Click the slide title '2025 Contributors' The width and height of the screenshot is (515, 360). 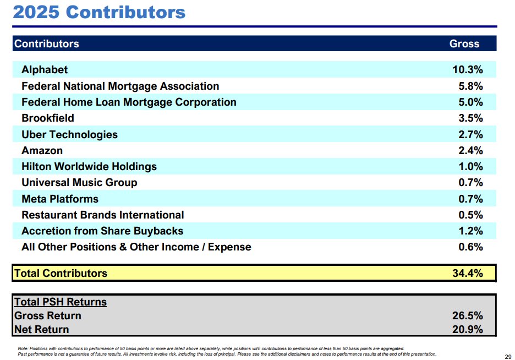pos(100,12)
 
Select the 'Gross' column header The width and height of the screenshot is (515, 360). pos(464,44)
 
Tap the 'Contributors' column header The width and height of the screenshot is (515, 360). pos(47,44)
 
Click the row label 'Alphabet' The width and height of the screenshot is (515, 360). pos(45,70)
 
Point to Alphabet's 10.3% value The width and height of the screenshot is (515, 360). pos(467,70)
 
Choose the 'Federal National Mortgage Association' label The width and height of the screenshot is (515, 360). pos(120,86)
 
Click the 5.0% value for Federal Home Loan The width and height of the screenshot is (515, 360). pos(470,102)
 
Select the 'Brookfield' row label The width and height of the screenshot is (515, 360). pos(48,118)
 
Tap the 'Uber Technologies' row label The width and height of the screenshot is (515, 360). pos(69,134)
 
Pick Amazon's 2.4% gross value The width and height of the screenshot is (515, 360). pos(470,150)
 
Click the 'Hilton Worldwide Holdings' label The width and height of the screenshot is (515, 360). pos(89,167)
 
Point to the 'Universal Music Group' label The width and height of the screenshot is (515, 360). pos(79,183)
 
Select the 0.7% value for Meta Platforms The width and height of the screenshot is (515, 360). pos(470,199)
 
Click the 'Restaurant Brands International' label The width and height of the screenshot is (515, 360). pos(103,215)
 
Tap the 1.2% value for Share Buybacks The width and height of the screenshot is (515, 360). pos(470,231)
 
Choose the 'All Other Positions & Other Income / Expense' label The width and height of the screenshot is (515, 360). pos(136,247)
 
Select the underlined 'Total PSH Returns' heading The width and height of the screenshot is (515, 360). pos(61,302)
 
